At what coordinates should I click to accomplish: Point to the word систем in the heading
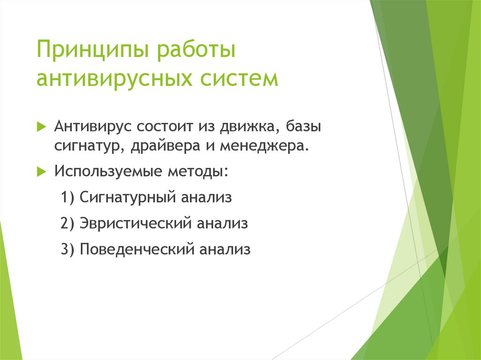pos(239,78)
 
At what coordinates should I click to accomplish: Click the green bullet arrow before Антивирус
pos(41,126)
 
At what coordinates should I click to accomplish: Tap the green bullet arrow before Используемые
pos(41,171)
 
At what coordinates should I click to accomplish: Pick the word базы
pos(304,126)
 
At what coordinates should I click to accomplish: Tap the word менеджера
pos(264,146)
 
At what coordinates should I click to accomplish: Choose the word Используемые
pos(108,171)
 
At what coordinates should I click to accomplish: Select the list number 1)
pos(68,197)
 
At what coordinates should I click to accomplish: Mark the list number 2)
pos(68,223)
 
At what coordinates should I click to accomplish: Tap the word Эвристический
pos(136,223)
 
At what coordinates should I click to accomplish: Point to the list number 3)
pos(68,249)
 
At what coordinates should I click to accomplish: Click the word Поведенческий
pos(137,249)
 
